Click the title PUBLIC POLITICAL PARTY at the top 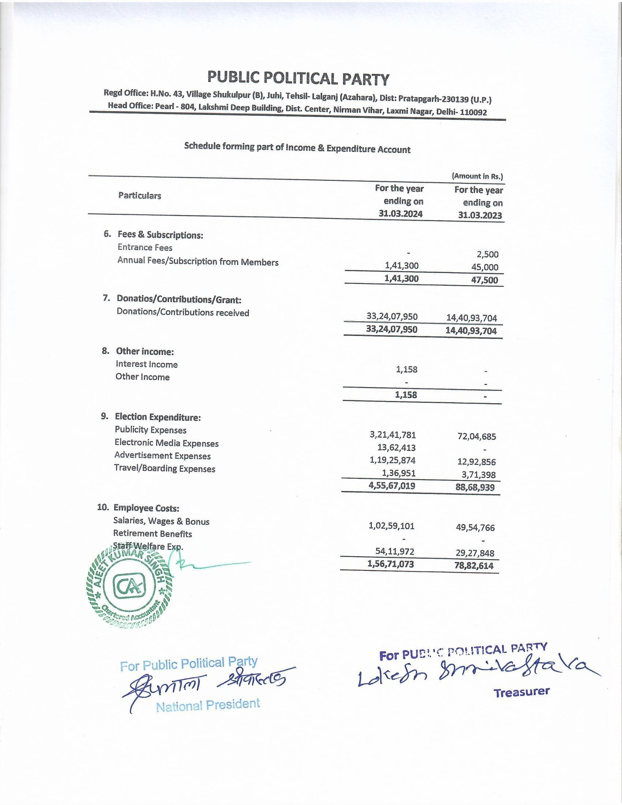[x=298, y=78]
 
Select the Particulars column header [x=140, y=195]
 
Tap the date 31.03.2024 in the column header [x=401, y=214]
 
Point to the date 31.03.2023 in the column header [x=480, y=215]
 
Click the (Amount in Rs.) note [x=477, y=176]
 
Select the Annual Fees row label [x=198, y=262]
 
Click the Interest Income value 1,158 [x=406, y=369]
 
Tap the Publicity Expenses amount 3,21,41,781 [x=393, y=435]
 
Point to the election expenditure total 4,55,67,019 [x=392, y=486]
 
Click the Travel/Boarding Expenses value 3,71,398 [x=479, y=475]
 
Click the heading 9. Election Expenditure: [x=151, y=417]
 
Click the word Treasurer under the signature [x=521, y=692]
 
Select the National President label [x=208, y=705]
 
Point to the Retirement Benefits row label [x=153, y=534]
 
